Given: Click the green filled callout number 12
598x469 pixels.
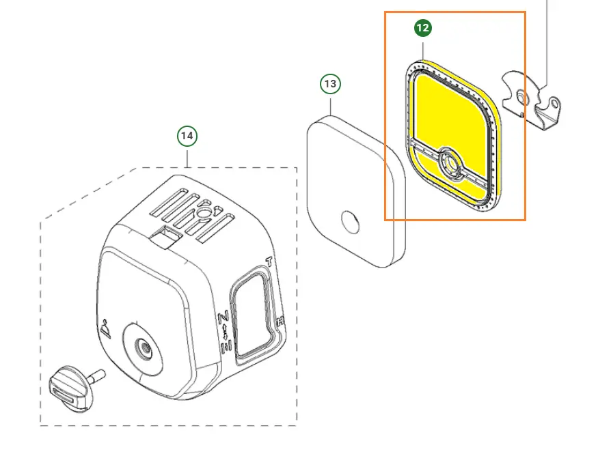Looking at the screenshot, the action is pyautogui.click(x=423, y=28).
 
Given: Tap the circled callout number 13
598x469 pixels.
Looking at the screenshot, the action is pyautogui.click(x=330, y=84).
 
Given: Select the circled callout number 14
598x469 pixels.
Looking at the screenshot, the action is pyautogui.click(x=187, y=136).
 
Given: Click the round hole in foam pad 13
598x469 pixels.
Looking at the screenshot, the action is pyautogui.click(x=350, y=222).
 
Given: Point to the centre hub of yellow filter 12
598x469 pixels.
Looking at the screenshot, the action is pyautogui.click(x=451, y=164).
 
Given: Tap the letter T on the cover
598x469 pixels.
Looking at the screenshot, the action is pyautogui.click(x=269, y=261).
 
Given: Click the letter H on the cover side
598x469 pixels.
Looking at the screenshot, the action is pyautogui.click(x=280, y=321).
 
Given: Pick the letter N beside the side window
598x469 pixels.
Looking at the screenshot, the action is pyautogui.click(x=223, y=317).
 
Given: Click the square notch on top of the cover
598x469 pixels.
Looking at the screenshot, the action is pyautogui.click(x=165, y=236).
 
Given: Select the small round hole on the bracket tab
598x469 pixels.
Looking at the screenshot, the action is pyautogui.click(x=555, y=104).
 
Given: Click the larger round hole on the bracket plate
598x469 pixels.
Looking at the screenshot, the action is pyautogui.click(x=524, y=99).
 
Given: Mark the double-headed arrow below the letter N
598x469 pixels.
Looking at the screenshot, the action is pyautogui.click(x=225, y=332).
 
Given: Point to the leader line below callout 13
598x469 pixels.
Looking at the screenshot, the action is pyautogui.click(x=331, y=105).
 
